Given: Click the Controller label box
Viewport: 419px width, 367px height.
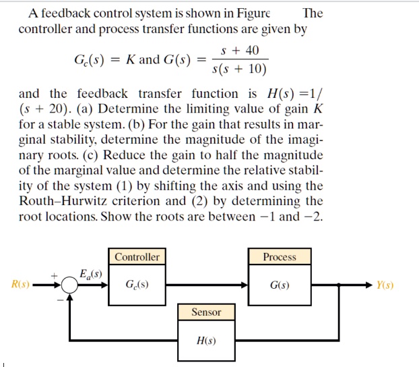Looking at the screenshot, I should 137,257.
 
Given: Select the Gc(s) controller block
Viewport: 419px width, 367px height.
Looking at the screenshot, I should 137,284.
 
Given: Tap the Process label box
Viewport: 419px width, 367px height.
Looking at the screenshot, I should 280,257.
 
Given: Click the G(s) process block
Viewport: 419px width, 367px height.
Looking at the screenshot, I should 280,284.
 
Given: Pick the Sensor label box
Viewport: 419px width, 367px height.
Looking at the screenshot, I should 206,312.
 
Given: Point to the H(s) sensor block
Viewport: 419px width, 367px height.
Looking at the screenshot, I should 206,340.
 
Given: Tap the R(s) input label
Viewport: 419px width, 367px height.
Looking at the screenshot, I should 20,285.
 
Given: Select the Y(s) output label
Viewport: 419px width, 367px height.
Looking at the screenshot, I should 385,285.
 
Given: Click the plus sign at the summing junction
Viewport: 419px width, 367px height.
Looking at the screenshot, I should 55,275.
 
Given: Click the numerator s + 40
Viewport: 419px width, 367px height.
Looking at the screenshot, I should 239,51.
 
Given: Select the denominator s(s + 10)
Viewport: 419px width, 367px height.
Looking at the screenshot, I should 239,69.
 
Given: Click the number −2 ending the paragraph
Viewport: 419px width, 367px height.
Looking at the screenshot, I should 313,216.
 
